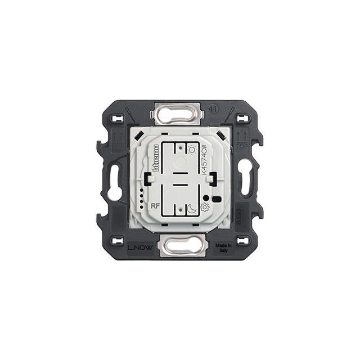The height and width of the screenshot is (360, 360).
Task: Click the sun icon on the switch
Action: [192, 150]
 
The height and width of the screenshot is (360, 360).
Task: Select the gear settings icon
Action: [204, 208]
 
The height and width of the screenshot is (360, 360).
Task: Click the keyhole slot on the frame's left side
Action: [114, 182]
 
